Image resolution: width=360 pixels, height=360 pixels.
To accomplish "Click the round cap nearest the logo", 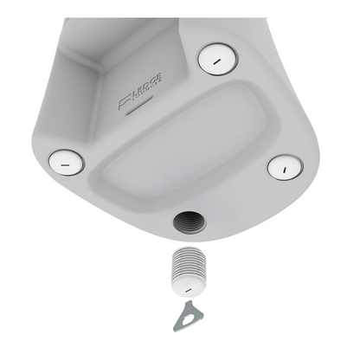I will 217,59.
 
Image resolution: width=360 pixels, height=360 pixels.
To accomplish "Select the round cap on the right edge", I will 284,165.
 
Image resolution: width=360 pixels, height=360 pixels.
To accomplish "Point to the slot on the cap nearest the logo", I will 217,59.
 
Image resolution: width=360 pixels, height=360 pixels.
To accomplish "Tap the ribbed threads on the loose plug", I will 189,260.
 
